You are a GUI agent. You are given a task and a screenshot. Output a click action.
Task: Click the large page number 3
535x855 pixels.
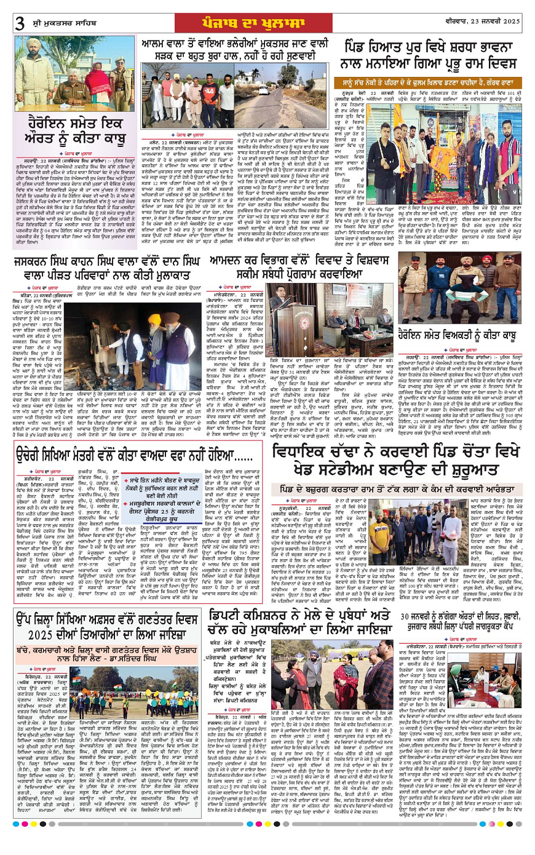click(20, 23)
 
